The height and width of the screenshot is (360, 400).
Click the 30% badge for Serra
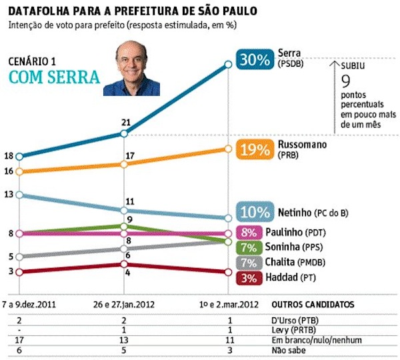(254, 59)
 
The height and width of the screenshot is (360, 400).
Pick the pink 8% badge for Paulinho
(249, 233)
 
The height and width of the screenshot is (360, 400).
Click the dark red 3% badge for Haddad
(249, 277)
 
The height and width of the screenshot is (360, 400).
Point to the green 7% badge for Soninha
(249, 247)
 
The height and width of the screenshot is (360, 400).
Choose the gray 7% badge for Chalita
(249, 262)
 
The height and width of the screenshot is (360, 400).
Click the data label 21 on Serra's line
(125, 121)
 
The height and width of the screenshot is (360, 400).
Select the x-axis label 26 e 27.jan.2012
(124, 304)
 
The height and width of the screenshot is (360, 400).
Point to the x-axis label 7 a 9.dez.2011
(29, 304)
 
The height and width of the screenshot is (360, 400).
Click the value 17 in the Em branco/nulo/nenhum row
(19, 339)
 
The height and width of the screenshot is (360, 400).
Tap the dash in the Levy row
(19, 329)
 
